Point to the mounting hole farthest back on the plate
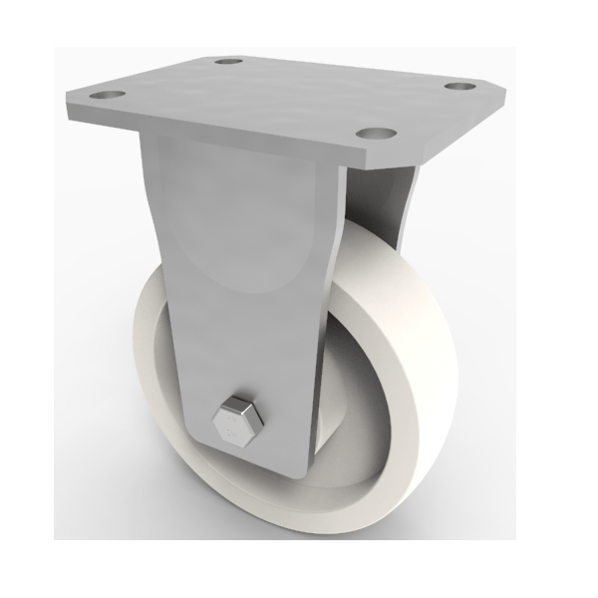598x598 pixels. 231,61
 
